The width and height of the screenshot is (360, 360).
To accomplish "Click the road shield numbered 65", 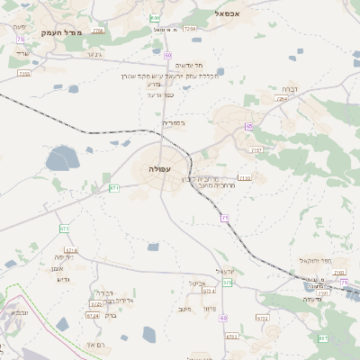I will (248, 126).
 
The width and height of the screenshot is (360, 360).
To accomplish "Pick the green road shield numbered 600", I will (156, 17).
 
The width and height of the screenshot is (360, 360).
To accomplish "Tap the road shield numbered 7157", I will (256, 150).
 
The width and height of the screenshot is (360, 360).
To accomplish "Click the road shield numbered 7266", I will (97, 31).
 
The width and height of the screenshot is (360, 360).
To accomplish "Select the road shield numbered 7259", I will (189, 29).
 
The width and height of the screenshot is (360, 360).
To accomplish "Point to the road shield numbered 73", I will (20, 40).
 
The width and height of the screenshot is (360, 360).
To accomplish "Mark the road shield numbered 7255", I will (23, 74).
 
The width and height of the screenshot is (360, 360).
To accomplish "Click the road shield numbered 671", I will (114, 187).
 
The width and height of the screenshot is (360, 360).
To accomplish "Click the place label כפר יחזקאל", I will (314, 260).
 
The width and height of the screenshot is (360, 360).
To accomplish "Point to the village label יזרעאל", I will (225, 271).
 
